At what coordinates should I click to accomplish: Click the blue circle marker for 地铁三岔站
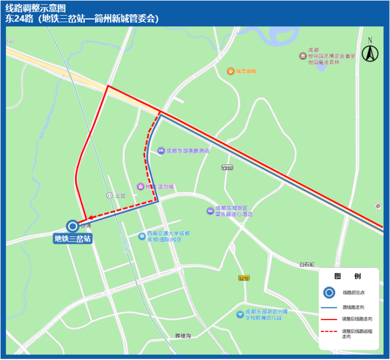tap(73, 226)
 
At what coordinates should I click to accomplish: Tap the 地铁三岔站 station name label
tap(73, 238)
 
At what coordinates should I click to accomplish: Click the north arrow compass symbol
tap(370, 51)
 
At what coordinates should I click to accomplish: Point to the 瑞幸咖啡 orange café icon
tap(230, 71)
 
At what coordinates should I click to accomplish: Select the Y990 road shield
tap(227, 167)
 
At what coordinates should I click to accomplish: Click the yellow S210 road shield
tap(244, 277)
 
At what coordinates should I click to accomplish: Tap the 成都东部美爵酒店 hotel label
tap(187, 150)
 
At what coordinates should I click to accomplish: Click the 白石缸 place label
tap(306, 264)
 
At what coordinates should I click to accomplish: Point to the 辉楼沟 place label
tap(183, 335)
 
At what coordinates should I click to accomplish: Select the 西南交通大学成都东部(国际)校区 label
tap(168, 236)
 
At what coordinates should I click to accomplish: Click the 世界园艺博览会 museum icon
tap(302, 55)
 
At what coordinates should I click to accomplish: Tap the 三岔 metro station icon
tap(110, 195)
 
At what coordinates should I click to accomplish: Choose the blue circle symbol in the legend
tap(329, 292)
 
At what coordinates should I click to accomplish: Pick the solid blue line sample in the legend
tap(329, 307)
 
